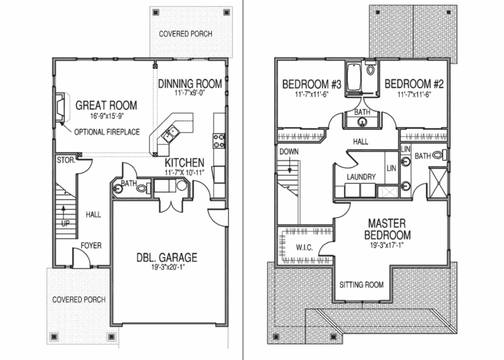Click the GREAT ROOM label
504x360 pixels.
[106, 105]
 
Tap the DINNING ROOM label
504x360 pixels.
[190, 85]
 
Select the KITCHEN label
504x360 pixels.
[184, 163]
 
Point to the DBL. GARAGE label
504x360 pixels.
[166, 258]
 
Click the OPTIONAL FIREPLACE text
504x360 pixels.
[106, 132]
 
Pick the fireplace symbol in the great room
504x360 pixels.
[59, 108]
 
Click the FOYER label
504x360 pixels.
[91, 246]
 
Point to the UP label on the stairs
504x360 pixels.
[64, 224]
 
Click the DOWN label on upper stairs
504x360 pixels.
[289, 151]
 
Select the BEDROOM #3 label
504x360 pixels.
[312, 85]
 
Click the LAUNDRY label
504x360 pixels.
[361, 177]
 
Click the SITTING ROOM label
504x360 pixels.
[361, 285]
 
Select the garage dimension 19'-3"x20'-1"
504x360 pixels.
[167, 269]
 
